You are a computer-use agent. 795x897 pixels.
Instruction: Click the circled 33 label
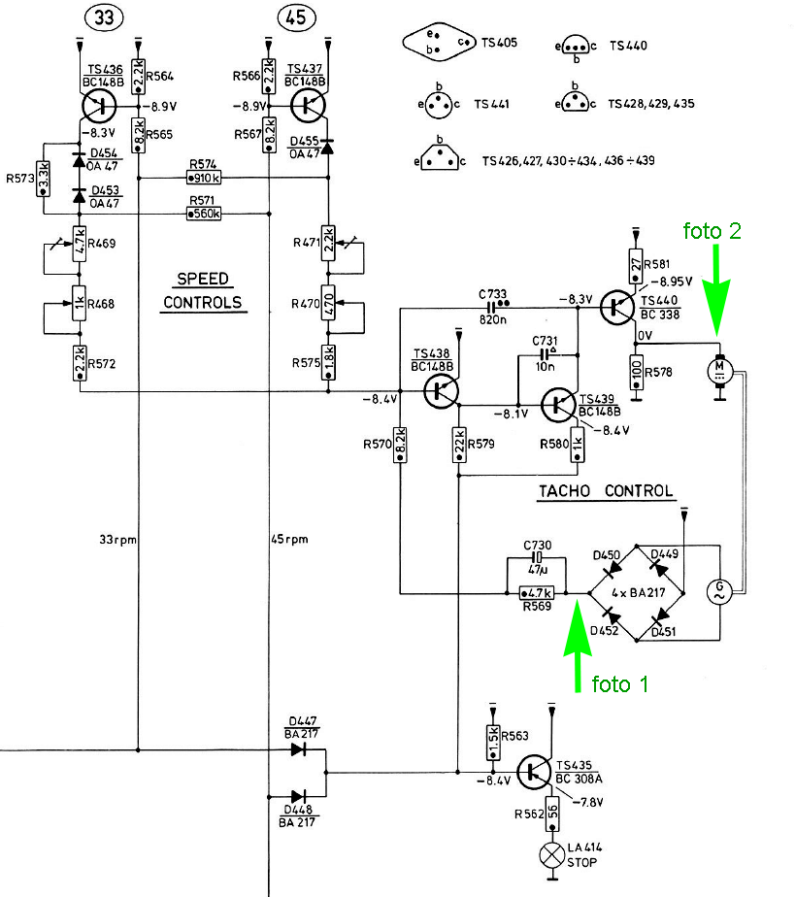[104, 17]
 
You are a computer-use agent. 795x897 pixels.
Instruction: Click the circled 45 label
[296, 17]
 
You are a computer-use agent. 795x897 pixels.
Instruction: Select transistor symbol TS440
[617, 307]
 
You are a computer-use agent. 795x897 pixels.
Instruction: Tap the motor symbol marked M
[720, 370]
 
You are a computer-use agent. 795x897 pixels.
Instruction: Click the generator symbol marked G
[720, 591]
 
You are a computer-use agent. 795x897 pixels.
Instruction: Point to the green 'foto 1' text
[620, 683]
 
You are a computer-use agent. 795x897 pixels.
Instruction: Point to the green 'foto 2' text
[712, 230]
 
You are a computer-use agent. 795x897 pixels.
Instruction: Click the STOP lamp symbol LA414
[552, 855]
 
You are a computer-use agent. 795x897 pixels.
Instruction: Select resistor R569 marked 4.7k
[537, 593]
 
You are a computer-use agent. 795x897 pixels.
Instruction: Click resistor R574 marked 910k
[204, 178]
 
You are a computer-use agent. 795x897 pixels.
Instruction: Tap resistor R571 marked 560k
[204, 214]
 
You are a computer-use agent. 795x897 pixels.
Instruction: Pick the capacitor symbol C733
[491, 309]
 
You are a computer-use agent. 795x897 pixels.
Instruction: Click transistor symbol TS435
[534, 773]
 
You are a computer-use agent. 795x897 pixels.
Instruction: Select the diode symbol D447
[299, 749]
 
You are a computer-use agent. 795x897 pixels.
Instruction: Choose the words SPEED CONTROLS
[203, 291]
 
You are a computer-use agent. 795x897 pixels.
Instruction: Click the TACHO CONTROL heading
[606, 491]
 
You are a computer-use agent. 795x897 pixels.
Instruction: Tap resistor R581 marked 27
[636, 265]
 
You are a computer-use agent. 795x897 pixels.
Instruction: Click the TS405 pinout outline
[440, 42]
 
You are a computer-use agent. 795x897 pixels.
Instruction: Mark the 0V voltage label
[645, 335]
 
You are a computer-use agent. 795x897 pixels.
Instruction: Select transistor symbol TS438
[441, 392]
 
